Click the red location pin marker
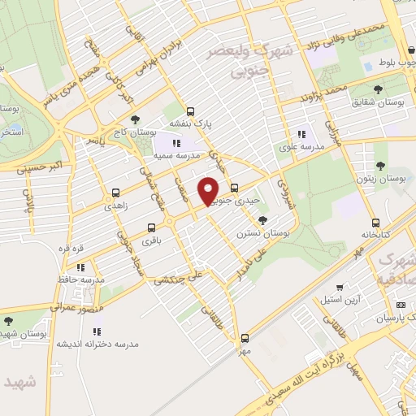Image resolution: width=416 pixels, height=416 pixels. (210, 190)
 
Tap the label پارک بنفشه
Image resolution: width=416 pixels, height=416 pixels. (190, 123)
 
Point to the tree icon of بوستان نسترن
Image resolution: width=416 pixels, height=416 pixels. (262, 219)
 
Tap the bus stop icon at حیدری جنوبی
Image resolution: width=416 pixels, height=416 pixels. (235, 188)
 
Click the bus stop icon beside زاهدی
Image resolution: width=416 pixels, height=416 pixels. (116, 193)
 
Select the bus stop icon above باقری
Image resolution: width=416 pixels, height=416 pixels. (151, 228)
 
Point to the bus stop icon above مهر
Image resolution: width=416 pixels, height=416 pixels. (245, 338)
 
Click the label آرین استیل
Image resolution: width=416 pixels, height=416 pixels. (341, 298)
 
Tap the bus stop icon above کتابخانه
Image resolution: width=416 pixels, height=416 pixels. (375, 222)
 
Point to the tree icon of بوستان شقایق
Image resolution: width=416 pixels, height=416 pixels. (379, 89)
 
